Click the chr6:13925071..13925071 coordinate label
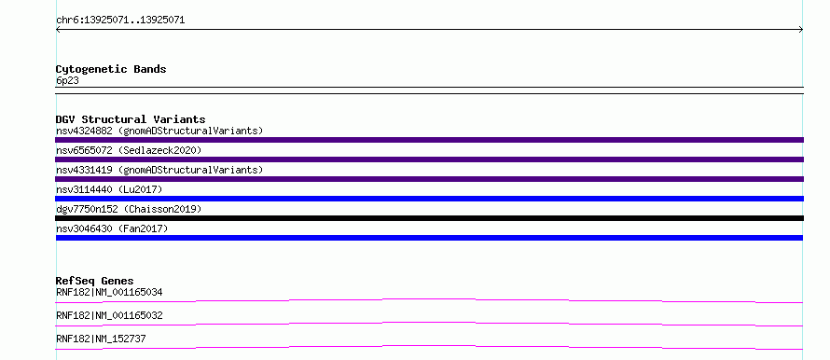point(120,21)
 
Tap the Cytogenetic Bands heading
point(111,69)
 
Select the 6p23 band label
point(67,81)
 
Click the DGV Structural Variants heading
point(131,119)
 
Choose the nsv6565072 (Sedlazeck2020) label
point(129,150)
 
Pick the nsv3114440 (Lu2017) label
point(109,189)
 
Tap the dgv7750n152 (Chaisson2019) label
point(129,209)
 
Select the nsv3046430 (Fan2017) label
point(112,228)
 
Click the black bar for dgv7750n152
point(429,218)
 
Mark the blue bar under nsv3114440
point(429,199)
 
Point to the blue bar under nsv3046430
point(429,238)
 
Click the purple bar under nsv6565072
point(429,159)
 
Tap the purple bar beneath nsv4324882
point(429,140)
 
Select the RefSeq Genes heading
point(95,281)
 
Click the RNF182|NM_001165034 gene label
point(109,292)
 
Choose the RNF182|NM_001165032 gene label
point(109,315)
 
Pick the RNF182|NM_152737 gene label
point(101,339)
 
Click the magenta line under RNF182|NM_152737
point(429,346)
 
